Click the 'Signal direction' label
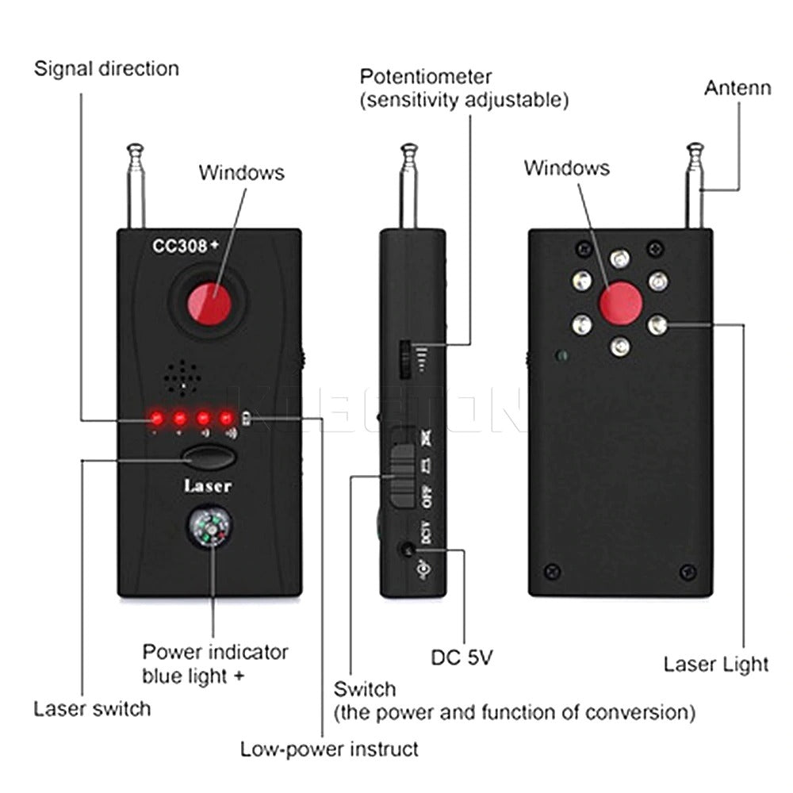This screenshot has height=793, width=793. tap(106, 68)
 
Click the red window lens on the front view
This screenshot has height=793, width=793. tap(209, 304)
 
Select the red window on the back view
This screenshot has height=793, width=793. tap(620, 303)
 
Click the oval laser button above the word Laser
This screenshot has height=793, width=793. tap(209, 458)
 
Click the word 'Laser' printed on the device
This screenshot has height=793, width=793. tap(208, 485)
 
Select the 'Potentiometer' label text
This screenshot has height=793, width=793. tap(426, 77)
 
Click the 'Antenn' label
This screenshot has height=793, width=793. tap(737, 87)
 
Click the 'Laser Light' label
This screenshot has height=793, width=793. tap(716, 664)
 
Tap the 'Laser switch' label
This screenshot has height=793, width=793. tap(92, 707)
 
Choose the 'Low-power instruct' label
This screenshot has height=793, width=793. tap(329, 749)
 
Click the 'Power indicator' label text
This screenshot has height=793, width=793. tap(215, 653)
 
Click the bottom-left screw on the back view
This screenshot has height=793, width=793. tap(554, 571)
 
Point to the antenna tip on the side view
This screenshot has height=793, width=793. tap(408, 149)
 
